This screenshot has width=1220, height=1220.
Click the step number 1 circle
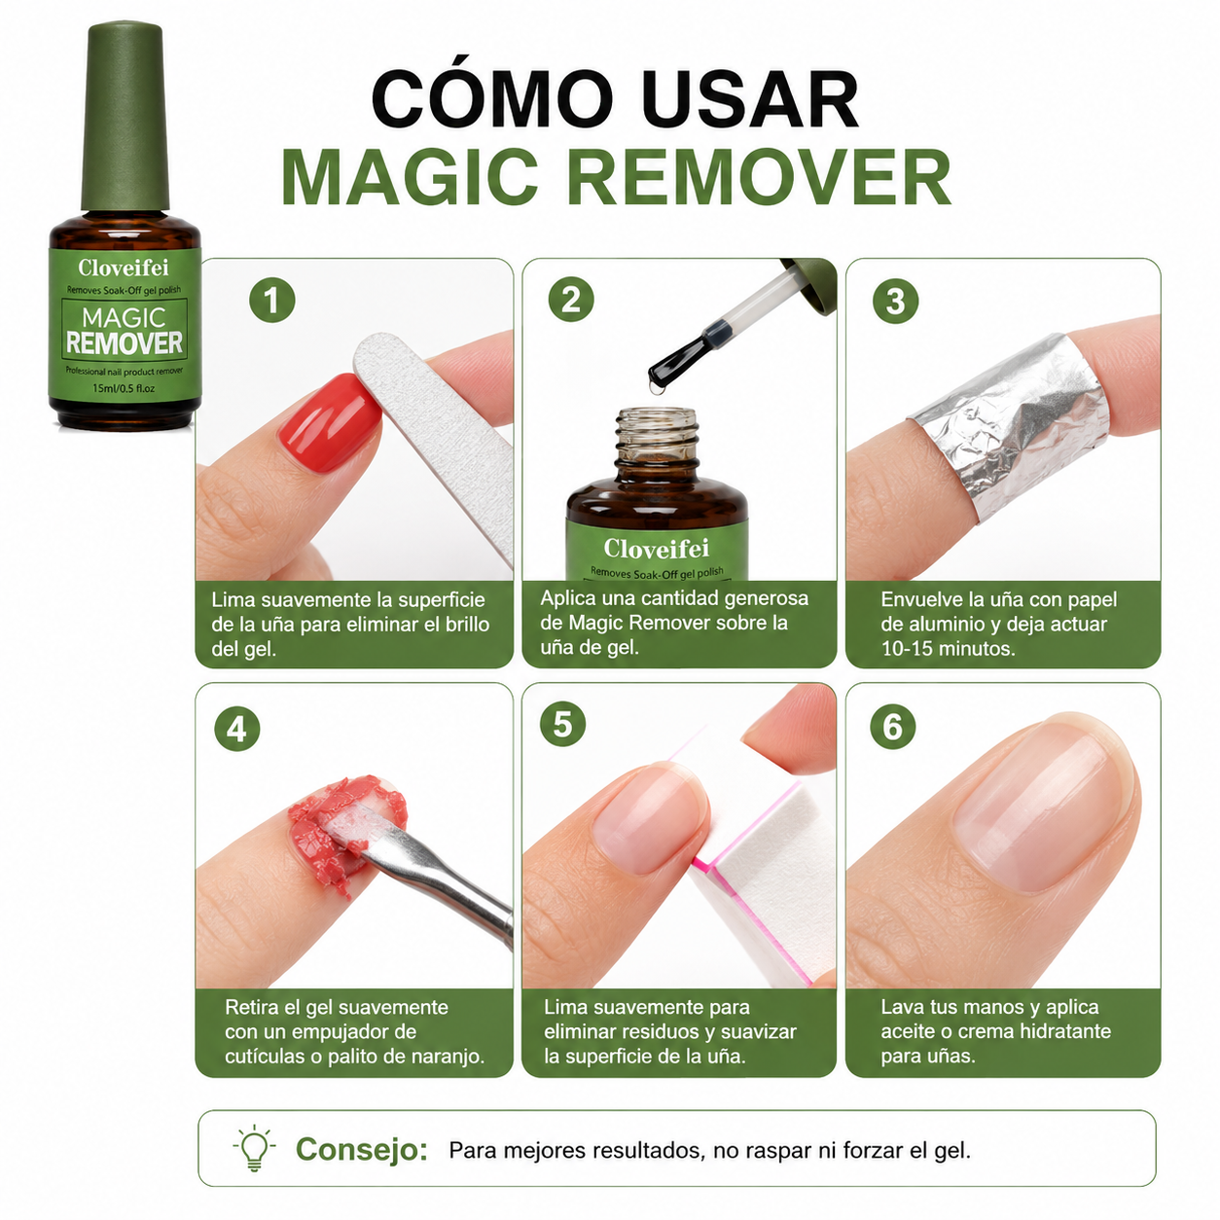coord(271,300)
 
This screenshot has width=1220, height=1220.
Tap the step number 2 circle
coord(571,300)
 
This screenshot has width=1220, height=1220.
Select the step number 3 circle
coord(895,301)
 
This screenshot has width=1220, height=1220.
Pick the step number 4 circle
coord(236,730)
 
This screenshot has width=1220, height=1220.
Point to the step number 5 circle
coord(563,724)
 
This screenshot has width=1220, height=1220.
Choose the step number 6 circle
coord(893,727)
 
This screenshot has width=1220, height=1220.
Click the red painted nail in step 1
coord(330,422)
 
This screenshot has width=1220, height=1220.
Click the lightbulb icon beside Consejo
coord(255,1148)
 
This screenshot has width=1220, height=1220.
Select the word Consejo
coord(362,1149)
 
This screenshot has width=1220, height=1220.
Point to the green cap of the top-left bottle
coord(125,117)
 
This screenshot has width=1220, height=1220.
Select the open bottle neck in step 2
coord(657,438)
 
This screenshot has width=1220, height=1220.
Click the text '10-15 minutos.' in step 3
coord(948,649)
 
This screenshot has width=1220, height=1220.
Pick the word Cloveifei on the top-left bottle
coord(124,268)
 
